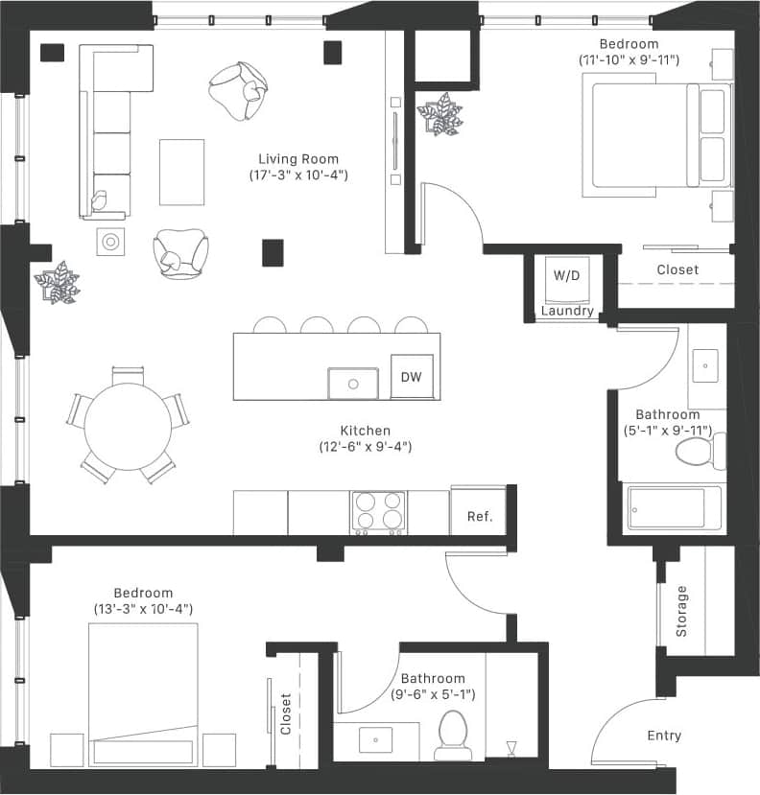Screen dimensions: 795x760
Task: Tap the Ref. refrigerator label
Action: [x=479, y=517]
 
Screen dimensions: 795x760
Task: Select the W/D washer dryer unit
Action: [x=566, y=276]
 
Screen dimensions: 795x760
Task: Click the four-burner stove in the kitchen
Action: [x=378, y=512]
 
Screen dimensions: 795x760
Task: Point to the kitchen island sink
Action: [x=353, y=383]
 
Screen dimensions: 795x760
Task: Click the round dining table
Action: [x=128, y=427]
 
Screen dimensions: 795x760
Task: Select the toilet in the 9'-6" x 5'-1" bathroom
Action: [x=450, y=735]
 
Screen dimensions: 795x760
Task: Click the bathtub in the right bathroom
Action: [x=674, y=507]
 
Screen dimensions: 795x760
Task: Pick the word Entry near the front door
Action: [x=664, y=736]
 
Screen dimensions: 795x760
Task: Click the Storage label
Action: [x=682, y=611]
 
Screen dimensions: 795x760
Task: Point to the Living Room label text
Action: [x=298, y=159]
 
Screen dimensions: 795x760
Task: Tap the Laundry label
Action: [x=567, y=312]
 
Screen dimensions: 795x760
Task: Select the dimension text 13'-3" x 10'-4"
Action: [x=143, y=609]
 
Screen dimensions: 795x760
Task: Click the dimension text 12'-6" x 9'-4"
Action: [x=366, y=447]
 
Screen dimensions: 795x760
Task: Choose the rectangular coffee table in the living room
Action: [x=181, y=172]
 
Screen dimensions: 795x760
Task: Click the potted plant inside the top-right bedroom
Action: [x=439, y=114]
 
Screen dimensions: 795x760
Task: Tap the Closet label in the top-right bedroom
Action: [x=677, y=270]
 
